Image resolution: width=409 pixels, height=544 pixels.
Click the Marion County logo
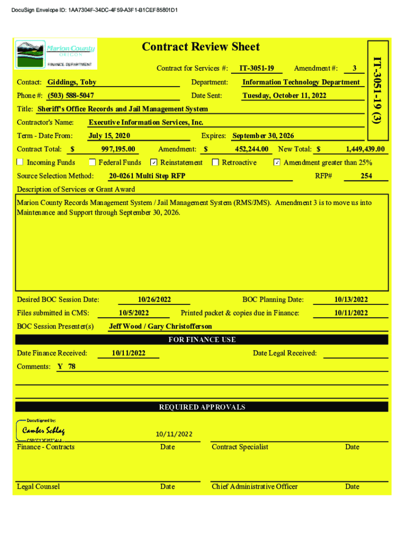pyautogui.click(x=56, y=54)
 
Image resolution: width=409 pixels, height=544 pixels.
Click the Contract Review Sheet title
pyautogui.click(x=201, y=47)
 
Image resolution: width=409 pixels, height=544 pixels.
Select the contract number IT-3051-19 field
pyautogui.click(x=257, y=68)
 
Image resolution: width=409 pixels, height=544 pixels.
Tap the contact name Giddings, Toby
pyautogui.click(x=72, y=82)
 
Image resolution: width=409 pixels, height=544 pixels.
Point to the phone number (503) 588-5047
pyautogui.click(x=71, y=96)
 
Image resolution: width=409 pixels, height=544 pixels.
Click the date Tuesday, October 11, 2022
pyautogui.click(x=284, y=96)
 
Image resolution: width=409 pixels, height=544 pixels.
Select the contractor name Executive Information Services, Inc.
pyautogui.click(x=146, y=123)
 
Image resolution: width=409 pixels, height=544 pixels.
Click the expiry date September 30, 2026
pyautogui.click(x=263, y=136)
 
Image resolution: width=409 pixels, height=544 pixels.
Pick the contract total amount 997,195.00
pyautogui.click(x=118, y=149)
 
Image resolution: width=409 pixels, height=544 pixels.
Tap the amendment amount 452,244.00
pyautogui.click(x=251, y=149)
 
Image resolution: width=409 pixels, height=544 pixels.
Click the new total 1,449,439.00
pyautogui.click(x=365, y=149)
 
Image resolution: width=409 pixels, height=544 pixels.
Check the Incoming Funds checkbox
pyautogui.click(x=20, y=163)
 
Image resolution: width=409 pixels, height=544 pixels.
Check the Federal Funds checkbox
pyautogui.click(x=92, y=163)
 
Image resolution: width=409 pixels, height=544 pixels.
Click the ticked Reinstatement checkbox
pyautogui.click(x=154, y=163)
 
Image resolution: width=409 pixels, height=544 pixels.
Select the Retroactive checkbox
pyautogui.click(x=215, y=163)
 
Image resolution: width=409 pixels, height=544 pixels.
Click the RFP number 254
pyautogui.click(x=366, y=176)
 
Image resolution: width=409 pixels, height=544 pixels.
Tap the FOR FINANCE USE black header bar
pyautogui.click(x=201, y=339)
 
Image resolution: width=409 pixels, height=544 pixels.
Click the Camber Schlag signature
pyautogui.click(x=44, y=430)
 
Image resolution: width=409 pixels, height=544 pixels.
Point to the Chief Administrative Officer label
pyautogui.click(x=254, y=487)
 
